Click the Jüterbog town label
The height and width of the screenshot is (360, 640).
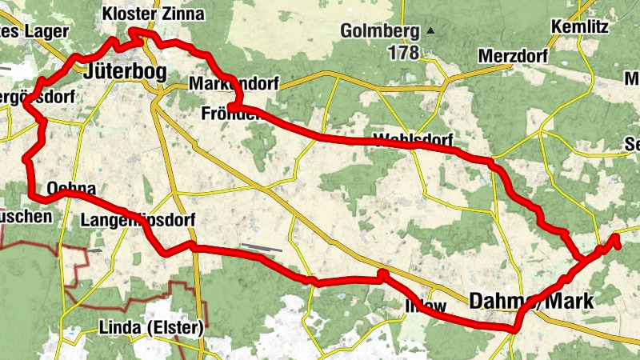(x=125, y=73)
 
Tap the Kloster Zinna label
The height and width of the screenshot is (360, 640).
(x=154, y=14)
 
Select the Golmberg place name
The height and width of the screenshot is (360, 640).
(x=380, y=32)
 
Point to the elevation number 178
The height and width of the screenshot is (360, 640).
(x=404, y=54)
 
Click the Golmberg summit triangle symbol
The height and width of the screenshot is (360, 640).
(x=430, y=31)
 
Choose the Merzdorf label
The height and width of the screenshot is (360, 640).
(x=514, y=56)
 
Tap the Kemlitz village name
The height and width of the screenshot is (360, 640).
(x=580, y=28)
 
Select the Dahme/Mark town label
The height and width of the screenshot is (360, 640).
(x=532, y=301)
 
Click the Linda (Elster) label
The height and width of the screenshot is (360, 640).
(x=151, y=328)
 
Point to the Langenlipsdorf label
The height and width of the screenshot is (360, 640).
(x=138, y=219)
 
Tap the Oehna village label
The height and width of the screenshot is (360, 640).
(x=72, y=189)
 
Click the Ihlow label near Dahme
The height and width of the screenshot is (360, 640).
(x=426, y=305)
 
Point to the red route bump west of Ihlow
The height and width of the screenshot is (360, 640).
(x=382, y=274)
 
